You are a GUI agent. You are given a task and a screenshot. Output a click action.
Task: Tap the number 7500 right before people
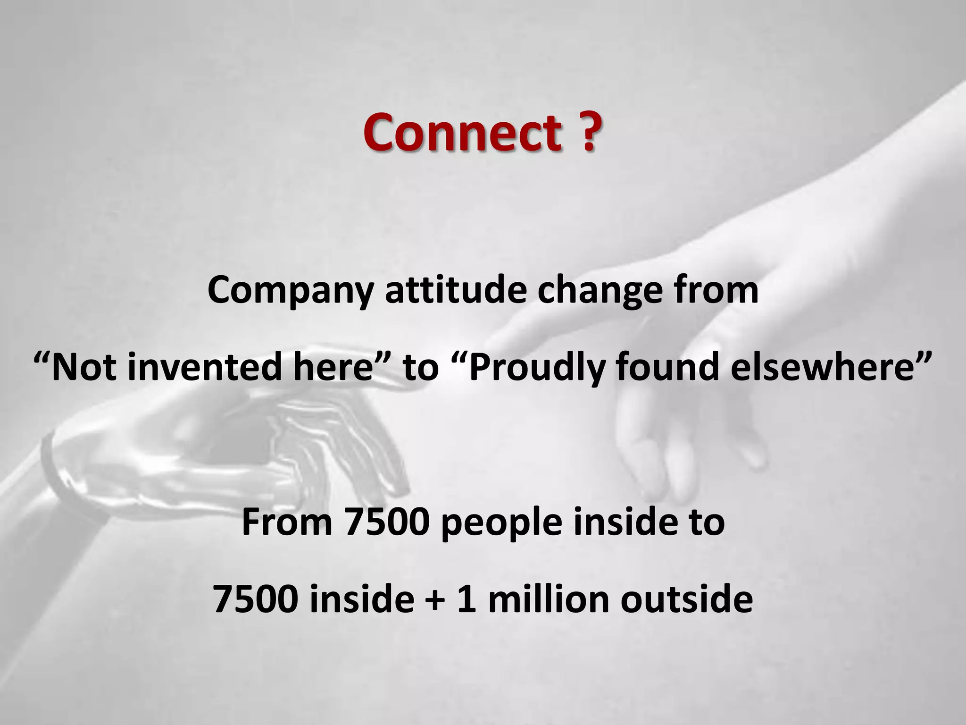pyautogui.click(x=387, y=523)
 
